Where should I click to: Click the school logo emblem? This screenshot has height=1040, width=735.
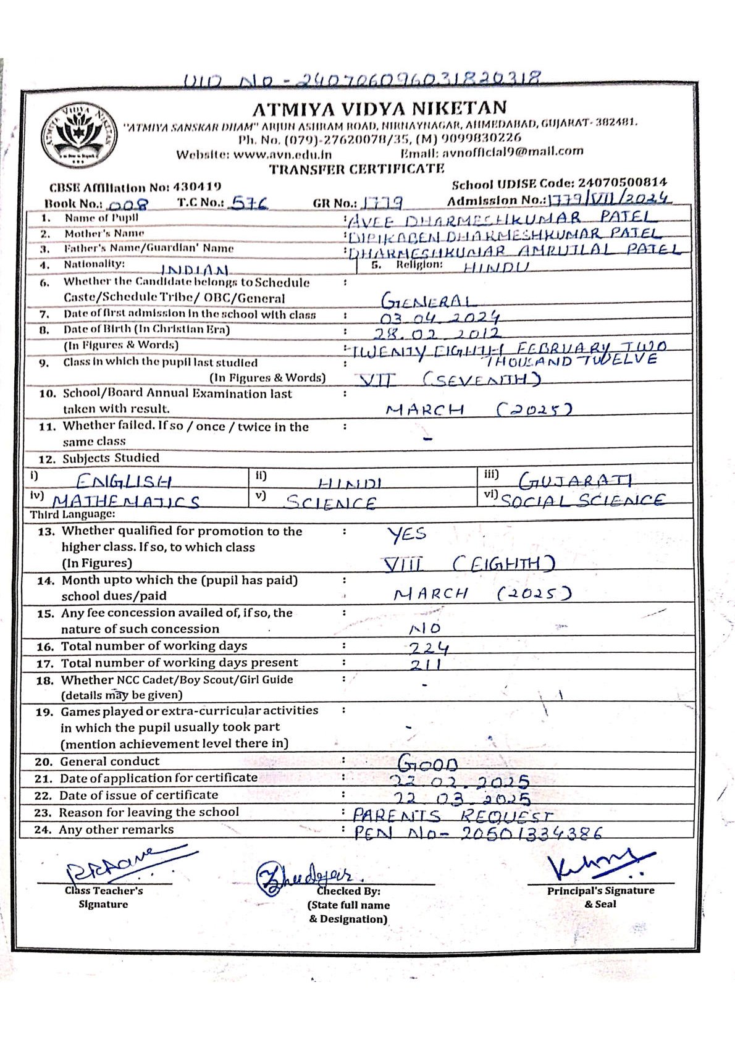click(80, 136)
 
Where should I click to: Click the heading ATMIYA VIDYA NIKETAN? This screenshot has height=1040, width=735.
click(379, 109)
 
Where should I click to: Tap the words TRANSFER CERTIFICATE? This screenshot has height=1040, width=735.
click(356, 169)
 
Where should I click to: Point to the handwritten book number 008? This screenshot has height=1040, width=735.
click(128, 205)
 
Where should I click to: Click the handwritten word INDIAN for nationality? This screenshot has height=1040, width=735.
click(195, 270)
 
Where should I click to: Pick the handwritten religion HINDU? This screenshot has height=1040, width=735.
click(496, 267)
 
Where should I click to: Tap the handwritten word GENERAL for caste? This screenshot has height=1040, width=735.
click(429, 301)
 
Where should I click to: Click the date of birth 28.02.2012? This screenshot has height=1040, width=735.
click(437, 333)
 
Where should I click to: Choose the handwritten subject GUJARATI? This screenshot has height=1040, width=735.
click(575, 480)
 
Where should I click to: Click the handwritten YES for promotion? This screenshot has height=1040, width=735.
click(407, 534)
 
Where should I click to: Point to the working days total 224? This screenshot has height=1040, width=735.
click(429, 647)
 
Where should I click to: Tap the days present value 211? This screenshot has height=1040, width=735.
click(426, 665)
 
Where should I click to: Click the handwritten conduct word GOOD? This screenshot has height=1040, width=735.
click(427, 763)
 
